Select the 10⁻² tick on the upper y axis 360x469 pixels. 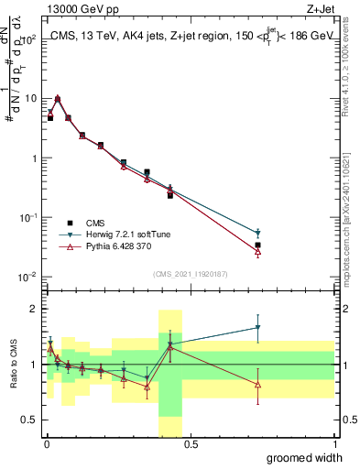coord(27,277)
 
